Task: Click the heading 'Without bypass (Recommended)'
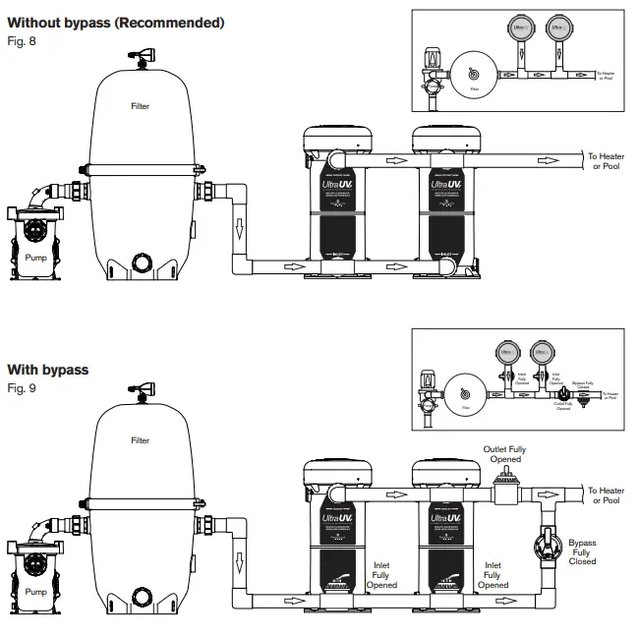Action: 116,23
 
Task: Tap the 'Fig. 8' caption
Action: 21,40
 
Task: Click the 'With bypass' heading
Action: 48,370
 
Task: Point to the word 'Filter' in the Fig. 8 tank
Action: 141,106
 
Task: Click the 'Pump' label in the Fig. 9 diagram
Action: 35,592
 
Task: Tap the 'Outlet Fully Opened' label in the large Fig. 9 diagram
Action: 503,454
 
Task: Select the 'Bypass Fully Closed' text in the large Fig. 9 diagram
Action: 582,551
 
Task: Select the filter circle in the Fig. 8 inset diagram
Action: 473,74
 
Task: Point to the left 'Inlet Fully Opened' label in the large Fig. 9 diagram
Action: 384,575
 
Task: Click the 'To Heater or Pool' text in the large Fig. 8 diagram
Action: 606,160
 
